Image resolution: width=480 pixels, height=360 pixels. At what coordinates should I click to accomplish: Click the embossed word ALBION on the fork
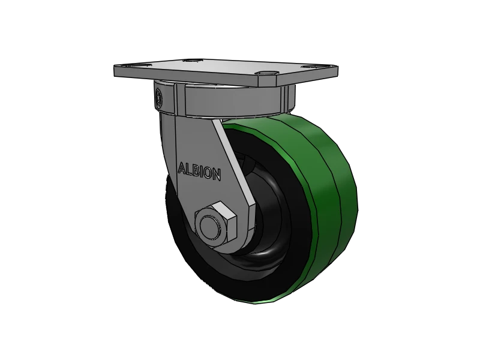[200, 171]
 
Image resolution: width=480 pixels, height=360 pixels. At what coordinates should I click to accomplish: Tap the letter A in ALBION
[182, 167]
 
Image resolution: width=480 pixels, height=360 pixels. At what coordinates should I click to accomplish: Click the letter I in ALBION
[203, 172]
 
